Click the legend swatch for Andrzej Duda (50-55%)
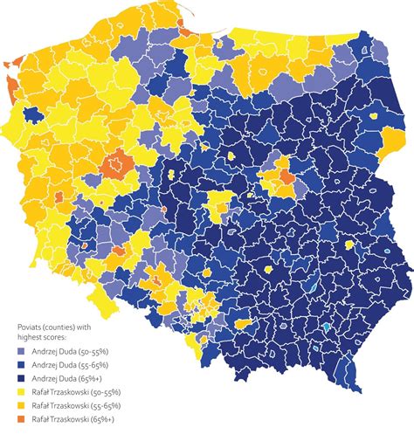tap(23, 350)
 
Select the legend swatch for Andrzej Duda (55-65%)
tap(23, 364)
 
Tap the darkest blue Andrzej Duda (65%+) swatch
tap(23, 378)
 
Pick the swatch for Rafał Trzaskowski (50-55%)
tap(23, 392)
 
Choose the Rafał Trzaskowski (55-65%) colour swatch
tap(23, 406)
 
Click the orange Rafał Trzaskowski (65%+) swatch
tap(23, 420)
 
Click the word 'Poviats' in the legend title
tap(31, 325)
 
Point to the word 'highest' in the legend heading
tap(31, 335)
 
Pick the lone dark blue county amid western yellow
tap(38, 114)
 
